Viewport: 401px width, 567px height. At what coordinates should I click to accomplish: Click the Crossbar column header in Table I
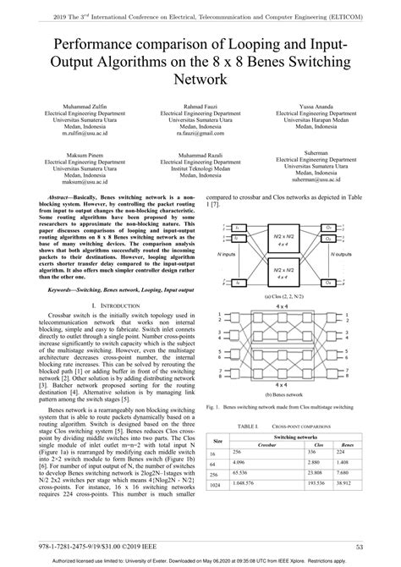tap(267, 443)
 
